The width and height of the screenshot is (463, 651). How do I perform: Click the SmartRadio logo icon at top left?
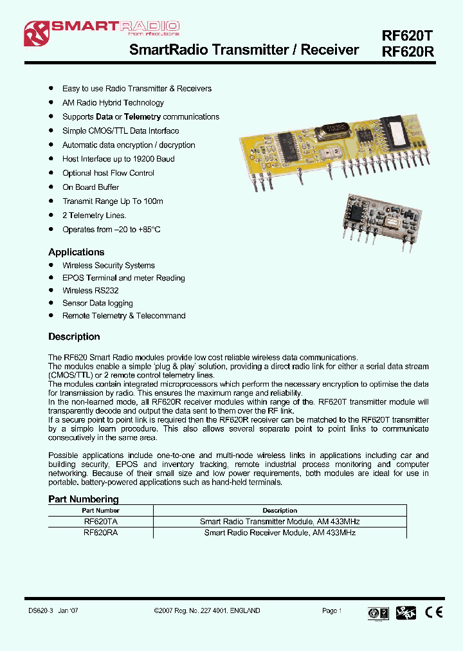[36, 33]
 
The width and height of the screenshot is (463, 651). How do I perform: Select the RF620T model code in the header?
[408, 37]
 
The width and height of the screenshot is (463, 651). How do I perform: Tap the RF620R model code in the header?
[408, 53]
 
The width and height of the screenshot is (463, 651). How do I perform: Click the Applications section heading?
[76, 252]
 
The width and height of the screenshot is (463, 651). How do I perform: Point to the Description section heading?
[74, 336]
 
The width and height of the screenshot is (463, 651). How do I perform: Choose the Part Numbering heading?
[84, 499]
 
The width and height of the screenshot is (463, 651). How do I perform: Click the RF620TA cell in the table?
[100, 522]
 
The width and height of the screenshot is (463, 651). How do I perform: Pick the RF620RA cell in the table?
[100, 533]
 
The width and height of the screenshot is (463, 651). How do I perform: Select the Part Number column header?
[100, 511]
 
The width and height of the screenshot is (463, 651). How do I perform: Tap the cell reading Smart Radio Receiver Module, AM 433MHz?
[280, 533]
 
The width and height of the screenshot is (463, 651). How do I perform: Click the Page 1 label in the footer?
[332, 610]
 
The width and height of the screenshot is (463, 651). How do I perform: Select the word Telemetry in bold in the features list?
[142, 117]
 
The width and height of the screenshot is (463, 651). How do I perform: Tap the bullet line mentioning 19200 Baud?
[118, 159]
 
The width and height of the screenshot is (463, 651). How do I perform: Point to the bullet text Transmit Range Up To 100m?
[113, 201]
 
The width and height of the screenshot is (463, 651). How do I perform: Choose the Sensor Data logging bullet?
[98, 303]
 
